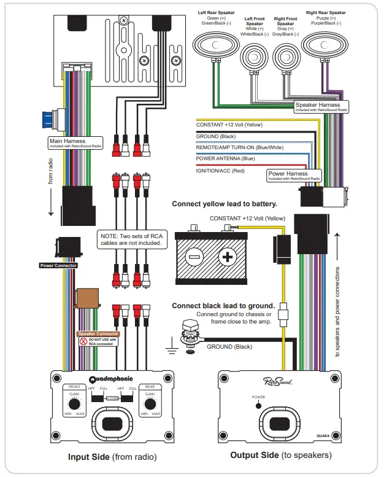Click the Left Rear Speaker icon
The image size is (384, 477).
point(217,45)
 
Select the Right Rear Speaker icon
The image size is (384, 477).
point(325,45)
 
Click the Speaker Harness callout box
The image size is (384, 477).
point(321,107)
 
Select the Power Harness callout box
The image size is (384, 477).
point(294,176)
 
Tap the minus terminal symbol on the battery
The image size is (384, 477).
point(193,256)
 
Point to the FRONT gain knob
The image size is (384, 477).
point(75,404)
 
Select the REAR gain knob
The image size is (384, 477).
point(148,404)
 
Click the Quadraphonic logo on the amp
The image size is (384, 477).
point(112,379)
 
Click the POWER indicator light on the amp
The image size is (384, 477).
point(259,406)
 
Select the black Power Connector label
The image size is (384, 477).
point(58,265)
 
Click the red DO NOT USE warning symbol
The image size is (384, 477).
point(83,341)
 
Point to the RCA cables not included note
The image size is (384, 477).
point(132,239)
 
